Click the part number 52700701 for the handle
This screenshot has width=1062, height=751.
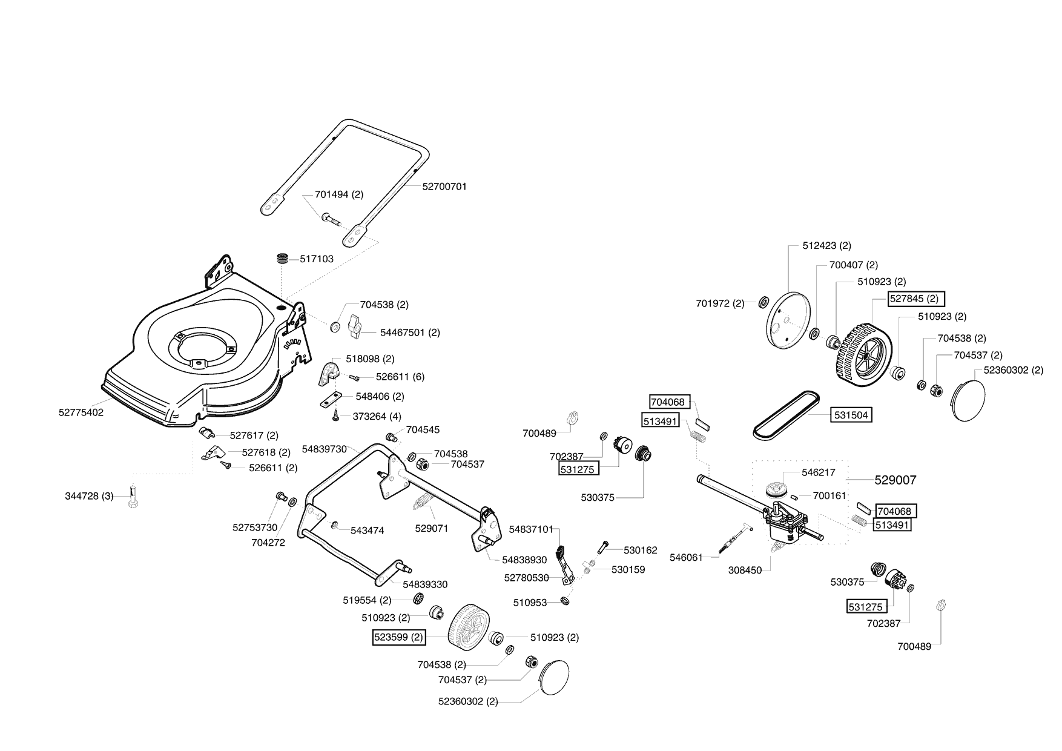[x=444, y=187]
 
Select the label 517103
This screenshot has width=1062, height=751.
[x=317, y=259]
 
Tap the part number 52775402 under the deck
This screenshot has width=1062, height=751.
[x=81, y=412]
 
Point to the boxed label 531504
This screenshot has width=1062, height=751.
[x=851, y=415]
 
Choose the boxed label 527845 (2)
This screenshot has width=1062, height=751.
[x=915, y=299]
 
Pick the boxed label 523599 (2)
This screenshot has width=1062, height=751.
[x=399, y=637]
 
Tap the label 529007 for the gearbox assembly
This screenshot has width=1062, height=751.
[x=895, y=480]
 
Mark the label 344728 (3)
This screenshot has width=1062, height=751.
[x=89, y=497]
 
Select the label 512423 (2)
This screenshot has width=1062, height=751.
[x=826, y=245]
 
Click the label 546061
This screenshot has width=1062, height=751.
[x=686, y=557]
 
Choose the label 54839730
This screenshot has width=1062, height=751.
[x=324, y=449]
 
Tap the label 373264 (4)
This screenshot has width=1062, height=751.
[x=378, y=416]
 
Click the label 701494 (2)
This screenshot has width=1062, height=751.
[x=339, y=195]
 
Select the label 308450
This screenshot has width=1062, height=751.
[x=745, y=571]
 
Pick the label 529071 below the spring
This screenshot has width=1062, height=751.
[x=432, y=528]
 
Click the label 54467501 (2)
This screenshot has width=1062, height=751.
[x=410, y=332]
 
